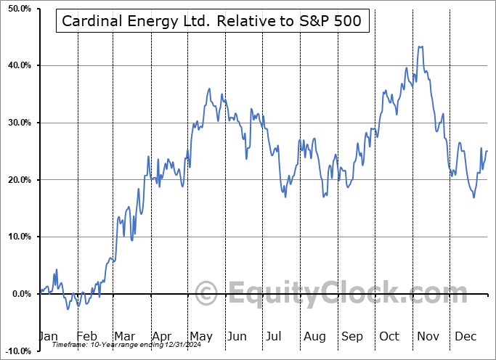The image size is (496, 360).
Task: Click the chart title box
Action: [x=213, y=22]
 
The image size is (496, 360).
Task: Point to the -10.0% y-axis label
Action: [x=15, y=351]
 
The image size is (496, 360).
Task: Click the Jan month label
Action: [x=47, y=337]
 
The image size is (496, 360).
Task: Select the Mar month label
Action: [x=124, y=337]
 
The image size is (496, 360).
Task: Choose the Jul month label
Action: [x=275, y=337]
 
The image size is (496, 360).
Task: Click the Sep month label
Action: [x=351, y=337]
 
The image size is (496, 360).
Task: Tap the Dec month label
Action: [x=465, y=337]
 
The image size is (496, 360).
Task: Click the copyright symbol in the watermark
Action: [x=206, y=294]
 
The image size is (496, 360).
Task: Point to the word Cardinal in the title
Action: [x=89, y=22]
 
